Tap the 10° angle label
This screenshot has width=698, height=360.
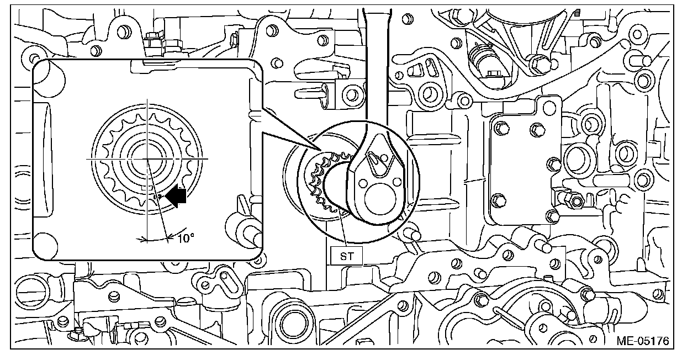click(186, 238)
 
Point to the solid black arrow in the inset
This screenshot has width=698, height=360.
click(176, 196)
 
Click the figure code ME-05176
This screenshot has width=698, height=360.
click(643, 342)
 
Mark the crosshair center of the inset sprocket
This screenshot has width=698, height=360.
click(148, 158)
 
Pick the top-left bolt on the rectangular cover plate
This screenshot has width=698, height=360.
click(502, 128)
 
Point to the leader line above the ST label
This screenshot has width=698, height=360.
click(343, 232)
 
